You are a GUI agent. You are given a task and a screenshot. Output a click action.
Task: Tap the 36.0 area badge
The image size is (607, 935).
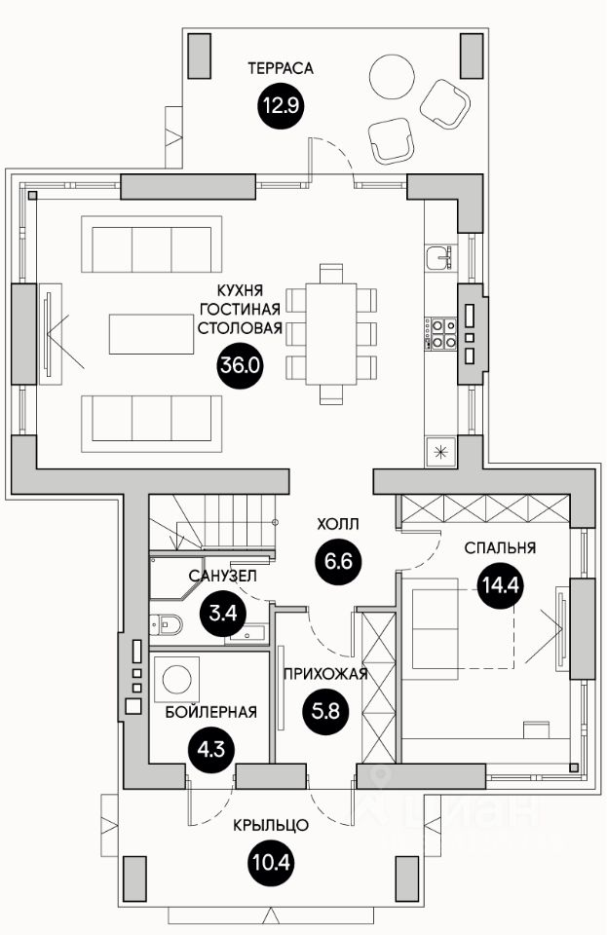[x=240, y=365]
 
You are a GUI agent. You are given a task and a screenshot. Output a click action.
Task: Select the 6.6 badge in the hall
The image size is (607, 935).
[x=339, y=561]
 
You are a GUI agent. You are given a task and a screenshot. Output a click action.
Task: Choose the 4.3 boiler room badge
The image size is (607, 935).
[x=211, y=748]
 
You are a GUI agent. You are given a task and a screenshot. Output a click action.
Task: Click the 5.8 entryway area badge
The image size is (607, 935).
[x=326, y=710]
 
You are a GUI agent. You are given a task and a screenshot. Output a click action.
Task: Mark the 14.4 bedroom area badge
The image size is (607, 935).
[x=500, y=586]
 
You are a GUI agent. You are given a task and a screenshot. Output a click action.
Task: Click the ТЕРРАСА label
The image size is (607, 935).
[x=281, y=68]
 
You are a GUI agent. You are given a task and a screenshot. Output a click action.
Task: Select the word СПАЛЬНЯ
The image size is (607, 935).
[x=500, y=547]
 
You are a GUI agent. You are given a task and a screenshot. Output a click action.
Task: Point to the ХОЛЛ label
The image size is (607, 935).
[x=338, y=524]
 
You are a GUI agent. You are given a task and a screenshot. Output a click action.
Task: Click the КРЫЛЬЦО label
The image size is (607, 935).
[x=271, y=825]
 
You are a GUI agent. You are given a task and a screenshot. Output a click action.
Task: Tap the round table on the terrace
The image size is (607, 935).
[x=392, y=77]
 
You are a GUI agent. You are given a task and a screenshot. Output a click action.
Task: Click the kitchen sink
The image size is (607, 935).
[x=441, y=257]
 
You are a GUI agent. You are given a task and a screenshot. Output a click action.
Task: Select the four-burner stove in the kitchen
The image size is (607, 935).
[x=441, y=334]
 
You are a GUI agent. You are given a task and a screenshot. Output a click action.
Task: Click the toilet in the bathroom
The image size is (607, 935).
[x=167, y=624]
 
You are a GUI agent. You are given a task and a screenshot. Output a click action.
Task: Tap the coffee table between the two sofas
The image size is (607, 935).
[x=151, y=334]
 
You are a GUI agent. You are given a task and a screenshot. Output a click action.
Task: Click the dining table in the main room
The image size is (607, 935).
[x=331, y=334]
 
